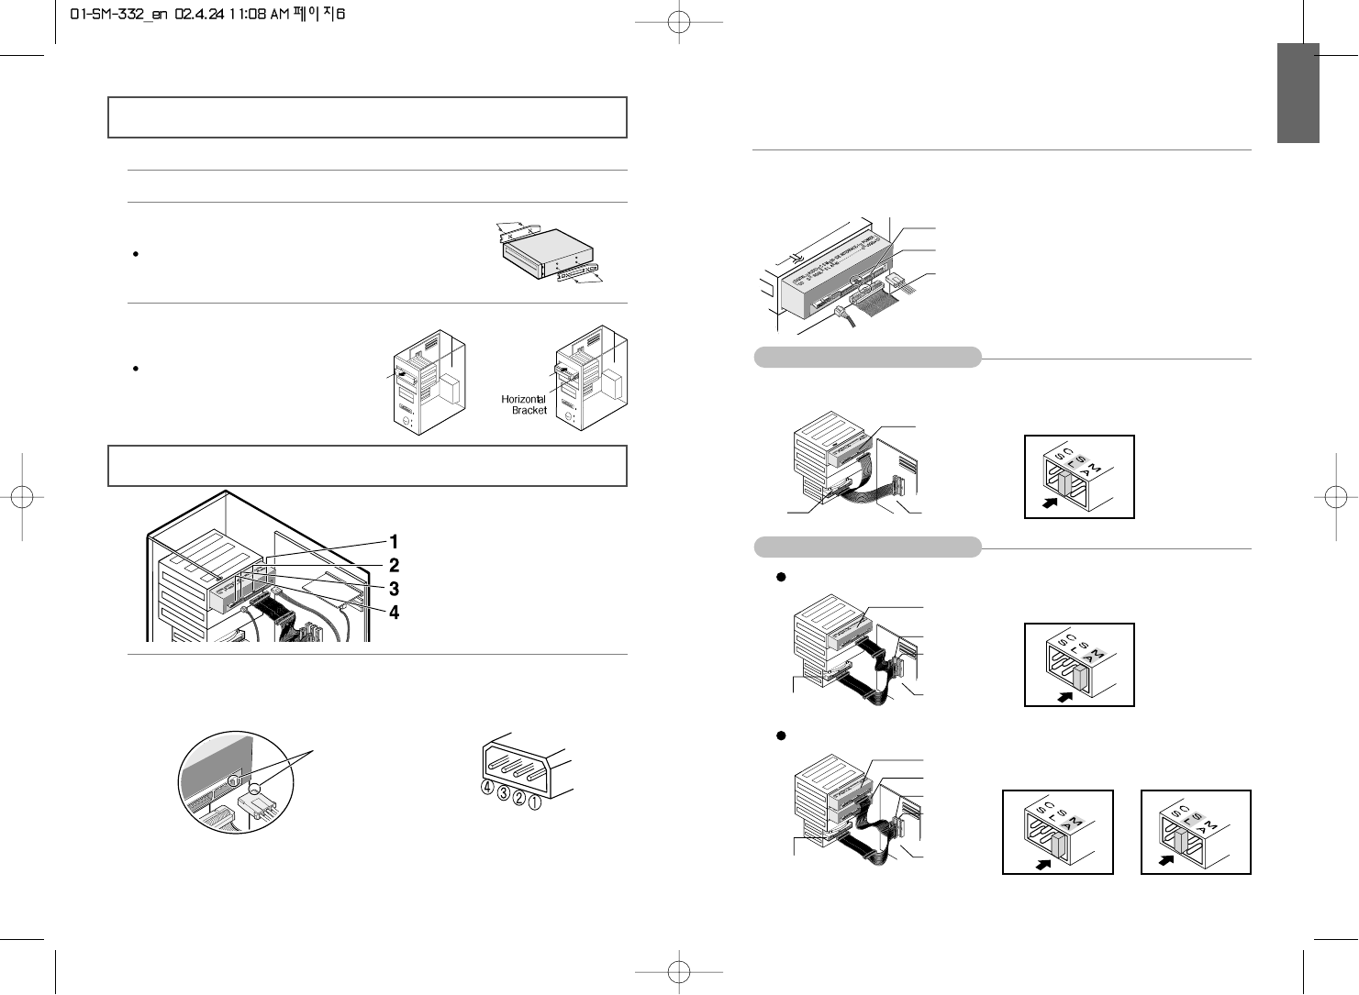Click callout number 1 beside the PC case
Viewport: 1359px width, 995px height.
tap(394, 541)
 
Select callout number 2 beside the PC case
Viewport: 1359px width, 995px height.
tap(394, 565)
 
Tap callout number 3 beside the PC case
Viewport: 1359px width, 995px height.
tap(394, 588)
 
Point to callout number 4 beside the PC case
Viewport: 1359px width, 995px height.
tap(394, 612)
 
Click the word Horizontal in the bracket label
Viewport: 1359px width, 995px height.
tap(524, 399)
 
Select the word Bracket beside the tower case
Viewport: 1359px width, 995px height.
tap(529, 411)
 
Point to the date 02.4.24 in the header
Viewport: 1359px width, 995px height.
tap(204, 16)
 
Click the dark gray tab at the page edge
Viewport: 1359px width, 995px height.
tap(1298, 93)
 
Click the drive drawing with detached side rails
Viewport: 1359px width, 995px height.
tap(547, 253)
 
